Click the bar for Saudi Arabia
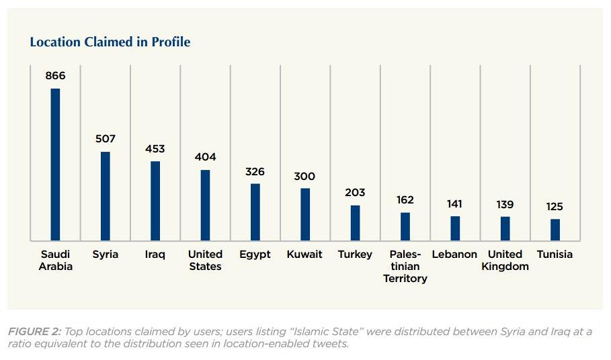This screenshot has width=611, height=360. coord(55,164)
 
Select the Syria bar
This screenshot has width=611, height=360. coord(106,195)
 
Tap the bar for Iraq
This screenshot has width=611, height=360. coord(155,200)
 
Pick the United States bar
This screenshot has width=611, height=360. coord(205,205)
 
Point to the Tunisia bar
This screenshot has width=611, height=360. coord(555,229)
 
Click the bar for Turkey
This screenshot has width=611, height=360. coord(355,222)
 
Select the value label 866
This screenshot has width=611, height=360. coord(55,76)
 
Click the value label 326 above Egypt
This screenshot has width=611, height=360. coord(255,171)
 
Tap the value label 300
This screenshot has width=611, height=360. coord(304,176)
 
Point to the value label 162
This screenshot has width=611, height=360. coord(405,199)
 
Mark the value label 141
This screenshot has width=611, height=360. coord(455,204)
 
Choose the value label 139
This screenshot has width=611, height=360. coord(505,204)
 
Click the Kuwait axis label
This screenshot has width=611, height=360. coord(304,255)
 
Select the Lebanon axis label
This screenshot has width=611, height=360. coord(455,255)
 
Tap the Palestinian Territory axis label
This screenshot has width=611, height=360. coord(405,266)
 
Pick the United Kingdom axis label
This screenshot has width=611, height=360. coord(505,260)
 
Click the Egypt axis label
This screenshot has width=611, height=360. coord(255,255)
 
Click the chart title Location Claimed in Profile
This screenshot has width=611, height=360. coord(110,42)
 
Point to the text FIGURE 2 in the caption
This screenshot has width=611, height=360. coord(34,330)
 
